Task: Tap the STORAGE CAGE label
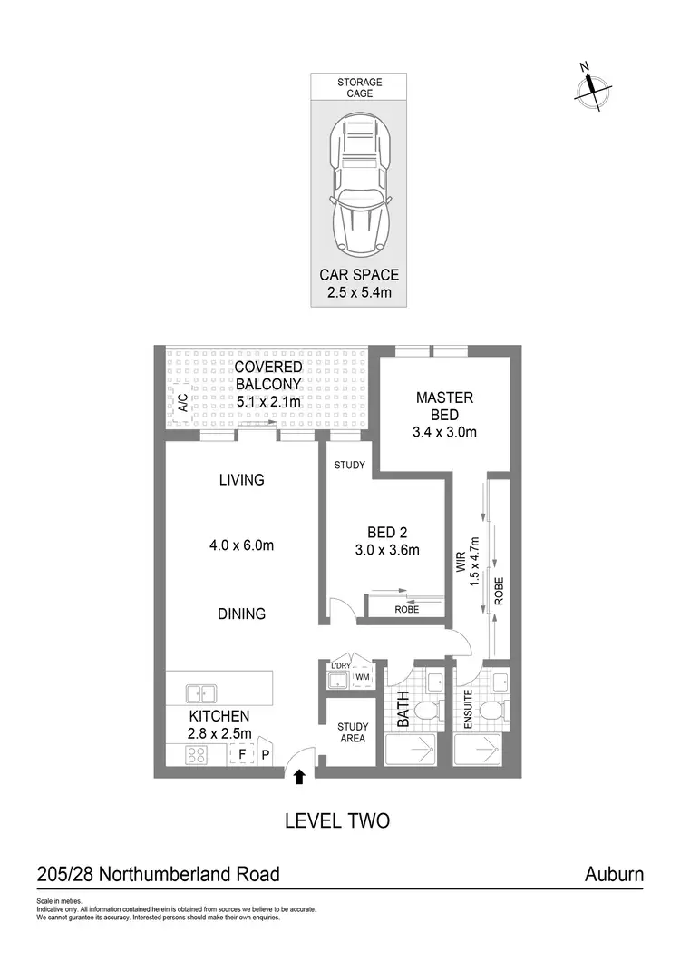point(360,88)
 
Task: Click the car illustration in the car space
point(360,189)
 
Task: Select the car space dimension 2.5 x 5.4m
point(359,292)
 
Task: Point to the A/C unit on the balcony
point(181,403)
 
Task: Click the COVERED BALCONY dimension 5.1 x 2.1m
point(268,400)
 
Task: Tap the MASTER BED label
point(444,406)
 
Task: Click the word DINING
point(241,614)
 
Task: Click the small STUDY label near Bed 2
point(349,466)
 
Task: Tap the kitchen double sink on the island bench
point(201,693)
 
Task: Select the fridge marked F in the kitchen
point(242,753)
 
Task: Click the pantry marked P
point(266,753)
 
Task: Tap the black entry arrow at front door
point(300,774)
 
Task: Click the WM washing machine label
point(362,677)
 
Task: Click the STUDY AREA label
point(352,731)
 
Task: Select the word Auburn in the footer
point(614,875)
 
